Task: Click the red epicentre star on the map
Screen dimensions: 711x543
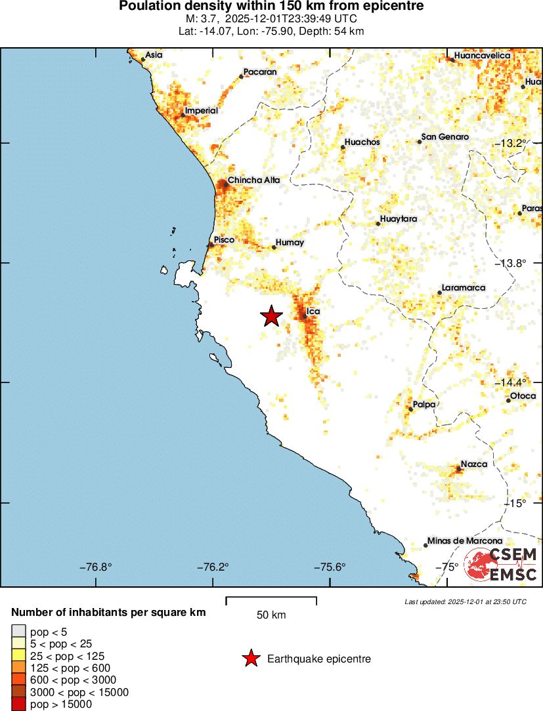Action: [271, 316]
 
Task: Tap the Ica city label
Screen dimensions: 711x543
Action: [313, 311]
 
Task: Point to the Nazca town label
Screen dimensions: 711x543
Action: [473, 464]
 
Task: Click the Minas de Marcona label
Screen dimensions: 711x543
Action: [465, 541]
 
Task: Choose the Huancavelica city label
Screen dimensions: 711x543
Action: [482, 56]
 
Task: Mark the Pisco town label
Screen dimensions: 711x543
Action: [224, 240]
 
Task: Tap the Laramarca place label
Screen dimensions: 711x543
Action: [464, 288]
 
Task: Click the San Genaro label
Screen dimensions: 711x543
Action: [445, 137]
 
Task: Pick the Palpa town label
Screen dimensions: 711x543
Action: [424, 405]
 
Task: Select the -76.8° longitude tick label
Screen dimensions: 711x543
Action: [95, 567]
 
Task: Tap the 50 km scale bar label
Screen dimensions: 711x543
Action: [271, 615]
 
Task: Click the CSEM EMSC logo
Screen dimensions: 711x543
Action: [502, 564]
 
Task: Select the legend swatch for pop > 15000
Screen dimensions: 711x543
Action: [18, 704]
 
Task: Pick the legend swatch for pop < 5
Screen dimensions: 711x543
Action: [18, 632]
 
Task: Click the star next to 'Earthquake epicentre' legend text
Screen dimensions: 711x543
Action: [250, 659]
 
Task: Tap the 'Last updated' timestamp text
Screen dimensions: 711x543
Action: [465, 601]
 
